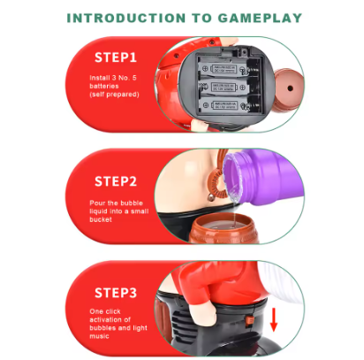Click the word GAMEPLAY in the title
(x=260, y=18)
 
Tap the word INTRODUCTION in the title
(x=126, y=18)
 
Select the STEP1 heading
(x=116, y=57)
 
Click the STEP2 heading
(x=116, y=181)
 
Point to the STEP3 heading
(x=116, y=293)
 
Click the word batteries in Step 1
(x=104, y=86)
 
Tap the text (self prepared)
(x=114, y=95)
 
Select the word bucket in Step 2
(x=101, y=219)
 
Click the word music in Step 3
(x=99, y=336)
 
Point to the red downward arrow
(x=274, y=319)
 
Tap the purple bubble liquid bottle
(x=262, y=177)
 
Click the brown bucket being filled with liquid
(x=224, y=229)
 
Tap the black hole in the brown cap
(x=290, y=88)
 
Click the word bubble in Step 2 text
(x=132, y=203)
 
